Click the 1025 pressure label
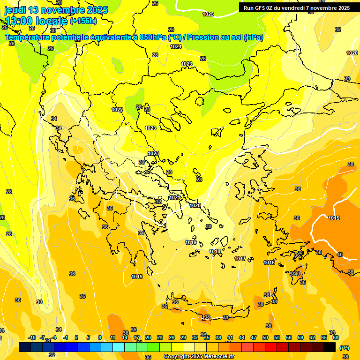tap(208, 14)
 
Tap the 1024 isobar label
tap(176, 46)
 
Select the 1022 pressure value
tap(117, 110)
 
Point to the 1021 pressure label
tap(174, 198)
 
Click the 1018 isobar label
tap(215, 252)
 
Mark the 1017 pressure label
tap(240, 259)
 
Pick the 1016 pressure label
tap(269, 262)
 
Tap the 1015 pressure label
tap(334, 218)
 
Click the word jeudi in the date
tap(15, 10)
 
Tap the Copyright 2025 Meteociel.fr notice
tap(199, 356)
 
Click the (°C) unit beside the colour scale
tap(344, 348)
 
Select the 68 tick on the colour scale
tap(336, 337)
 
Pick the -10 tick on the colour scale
tap(32, 337)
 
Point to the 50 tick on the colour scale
tap(265, 337)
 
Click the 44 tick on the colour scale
tap(242, 337)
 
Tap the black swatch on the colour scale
tap(330, 347)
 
